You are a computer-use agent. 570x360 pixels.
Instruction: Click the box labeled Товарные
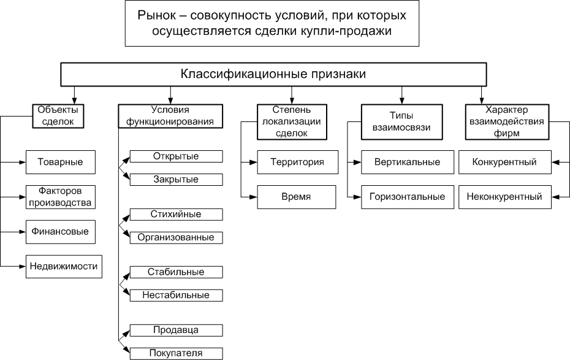[60, 162]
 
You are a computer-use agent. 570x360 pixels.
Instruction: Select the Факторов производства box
[60, 197]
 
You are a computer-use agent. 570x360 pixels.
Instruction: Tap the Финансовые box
[60, 232]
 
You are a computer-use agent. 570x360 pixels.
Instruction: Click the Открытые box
[176, 156]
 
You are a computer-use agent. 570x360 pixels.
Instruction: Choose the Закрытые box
[176, 179]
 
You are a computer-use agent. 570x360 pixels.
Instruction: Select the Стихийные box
[176, 214]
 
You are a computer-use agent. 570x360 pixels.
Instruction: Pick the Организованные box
[176, 237]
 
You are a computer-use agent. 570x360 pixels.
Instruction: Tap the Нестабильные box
[176, 295]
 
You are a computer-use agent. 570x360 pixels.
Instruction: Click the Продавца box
[176, 330]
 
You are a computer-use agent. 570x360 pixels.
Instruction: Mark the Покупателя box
[176, 353]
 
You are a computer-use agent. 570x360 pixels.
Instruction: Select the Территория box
[297, 162]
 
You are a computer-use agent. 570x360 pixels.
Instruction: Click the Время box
[297, 197]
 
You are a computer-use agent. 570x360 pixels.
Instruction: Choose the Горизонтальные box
[407, 197]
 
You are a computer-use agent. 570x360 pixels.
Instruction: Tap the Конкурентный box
[504, 162]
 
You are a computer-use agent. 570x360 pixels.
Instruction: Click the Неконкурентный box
[504, 197]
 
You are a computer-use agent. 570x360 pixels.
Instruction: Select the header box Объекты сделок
[58, 115]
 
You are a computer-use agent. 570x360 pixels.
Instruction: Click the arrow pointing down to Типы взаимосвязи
[401, 95]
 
